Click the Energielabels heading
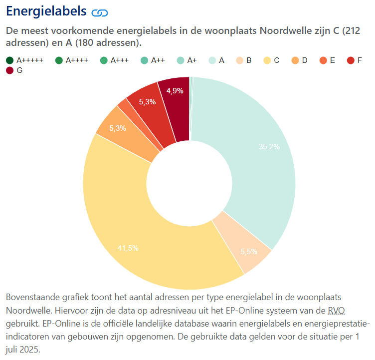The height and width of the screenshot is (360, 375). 46,11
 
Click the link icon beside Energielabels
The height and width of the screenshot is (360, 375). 99,12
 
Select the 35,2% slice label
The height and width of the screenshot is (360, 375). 269,147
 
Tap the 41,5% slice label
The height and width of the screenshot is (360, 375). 128,248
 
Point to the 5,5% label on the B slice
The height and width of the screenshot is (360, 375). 249,252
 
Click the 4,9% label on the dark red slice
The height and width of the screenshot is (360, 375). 175,91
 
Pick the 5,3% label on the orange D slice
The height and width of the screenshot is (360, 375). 117,128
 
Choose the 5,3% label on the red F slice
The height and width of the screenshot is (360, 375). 147,102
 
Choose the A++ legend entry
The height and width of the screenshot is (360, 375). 153,60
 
